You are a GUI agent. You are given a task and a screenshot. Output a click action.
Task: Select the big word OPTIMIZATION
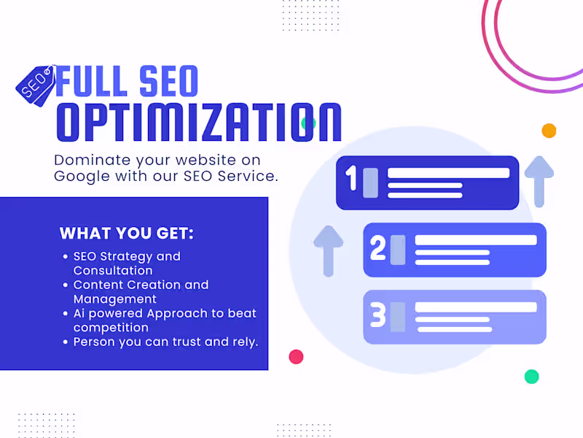[x=199, y=123]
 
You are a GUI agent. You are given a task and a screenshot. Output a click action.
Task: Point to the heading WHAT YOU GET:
[x=127, y=234]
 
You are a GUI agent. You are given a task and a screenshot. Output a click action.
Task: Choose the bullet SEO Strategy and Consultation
[x=127, y=264]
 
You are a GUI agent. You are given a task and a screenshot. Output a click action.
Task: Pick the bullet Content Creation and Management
[x=141, y=292]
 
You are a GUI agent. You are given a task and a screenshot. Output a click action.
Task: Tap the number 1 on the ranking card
[x=351, y=179]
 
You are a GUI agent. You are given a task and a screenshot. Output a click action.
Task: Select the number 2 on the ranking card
[x=377, y=249]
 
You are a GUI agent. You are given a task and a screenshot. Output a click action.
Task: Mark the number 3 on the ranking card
[x=377, y=316]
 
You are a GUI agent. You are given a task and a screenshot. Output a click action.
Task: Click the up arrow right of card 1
[x=539, y=180]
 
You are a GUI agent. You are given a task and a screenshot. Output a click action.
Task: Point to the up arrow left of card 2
[x=328, y=250]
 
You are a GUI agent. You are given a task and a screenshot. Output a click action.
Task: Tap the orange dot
[x=549, y=131]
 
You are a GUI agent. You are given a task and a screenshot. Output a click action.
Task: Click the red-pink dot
[x=296, y=357]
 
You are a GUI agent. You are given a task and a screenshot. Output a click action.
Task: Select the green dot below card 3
[x=532, y=377]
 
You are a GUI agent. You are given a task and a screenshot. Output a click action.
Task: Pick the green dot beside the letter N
[x=308, y=123]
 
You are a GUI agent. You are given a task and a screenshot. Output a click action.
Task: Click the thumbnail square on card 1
[x=370, y=182]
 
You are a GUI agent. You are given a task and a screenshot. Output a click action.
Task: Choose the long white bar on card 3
[x=476, y=307]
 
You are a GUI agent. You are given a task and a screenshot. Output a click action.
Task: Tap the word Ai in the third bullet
[x=80, y=313]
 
